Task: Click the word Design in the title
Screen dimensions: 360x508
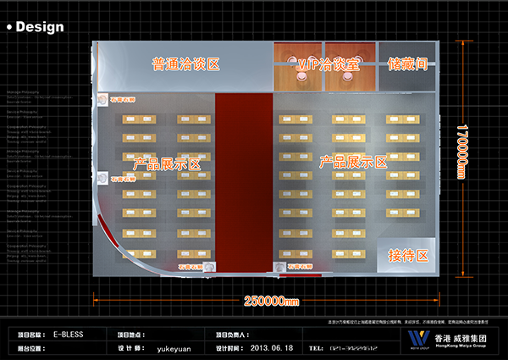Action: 40,26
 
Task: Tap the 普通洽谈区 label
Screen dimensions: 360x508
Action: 185,64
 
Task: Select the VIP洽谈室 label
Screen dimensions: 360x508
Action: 329,64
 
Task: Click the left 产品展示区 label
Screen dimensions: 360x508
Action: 167,163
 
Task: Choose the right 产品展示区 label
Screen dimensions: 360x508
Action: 353,161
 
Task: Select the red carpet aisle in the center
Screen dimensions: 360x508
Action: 243,182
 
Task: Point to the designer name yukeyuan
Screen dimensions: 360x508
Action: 174,347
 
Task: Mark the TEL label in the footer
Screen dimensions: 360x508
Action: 316,347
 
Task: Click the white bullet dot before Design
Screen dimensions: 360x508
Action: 9,27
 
